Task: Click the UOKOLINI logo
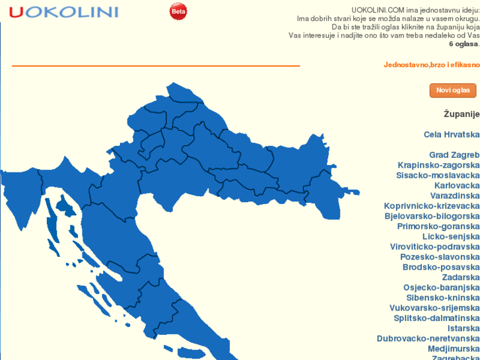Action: (63, 12)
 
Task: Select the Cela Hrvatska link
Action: (452, 134)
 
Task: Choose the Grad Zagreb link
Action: (454, 155)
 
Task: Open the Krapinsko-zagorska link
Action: (438, 165)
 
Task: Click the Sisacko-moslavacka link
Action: (438, 176)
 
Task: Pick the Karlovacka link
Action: (457, 186)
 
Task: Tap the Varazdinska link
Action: (455, 196)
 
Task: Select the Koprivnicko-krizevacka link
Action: (432, 206)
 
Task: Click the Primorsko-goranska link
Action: (438, 227)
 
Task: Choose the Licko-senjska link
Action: (451, 236)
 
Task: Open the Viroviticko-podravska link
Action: (434, 247)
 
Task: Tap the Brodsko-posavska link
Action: (441, 268)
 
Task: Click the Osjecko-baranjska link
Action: (442, 288)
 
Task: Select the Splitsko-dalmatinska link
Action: (436, 318)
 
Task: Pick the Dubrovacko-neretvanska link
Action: (429, 339)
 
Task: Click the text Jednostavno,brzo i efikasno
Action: (432, 65)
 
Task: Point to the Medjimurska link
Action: (454, 349)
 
